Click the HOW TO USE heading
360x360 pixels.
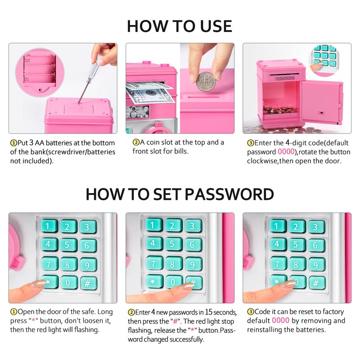click(180, 26)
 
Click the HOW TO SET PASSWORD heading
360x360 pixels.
click(180, 194)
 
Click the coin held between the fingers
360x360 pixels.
click(206, 81)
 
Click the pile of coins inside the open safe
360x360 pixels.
click(280, 111)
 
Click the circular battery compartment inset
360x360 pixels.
click(40, 73)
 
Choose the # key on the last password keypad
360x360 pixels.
click(317, 283)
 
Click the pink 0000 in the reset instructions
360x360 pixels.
click(280, 320)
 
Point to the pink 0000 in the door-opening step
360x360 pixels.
click(286, 152)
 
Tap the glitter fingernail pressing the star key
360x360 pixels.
click(39, 283)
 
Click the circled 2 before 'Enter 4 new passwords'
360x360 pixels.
click(131, 312)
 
